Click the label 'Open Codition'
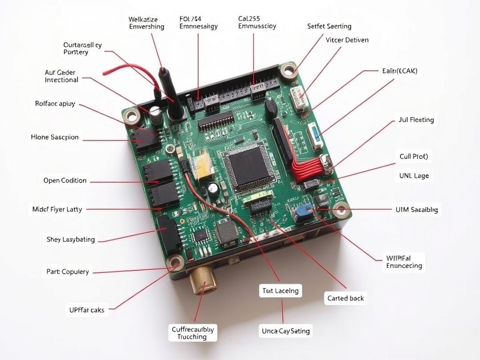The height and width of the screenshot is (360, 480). pos(65,180)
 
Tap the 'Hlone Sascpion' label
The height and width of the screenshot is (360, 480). pos(54,137)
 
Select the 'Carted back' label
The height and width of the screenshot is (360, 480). pos(345,298)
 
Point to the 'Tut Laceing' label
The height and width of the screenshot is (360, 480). pos(280,291)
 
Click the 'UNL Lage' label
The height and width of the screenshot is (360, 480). pos(414,176)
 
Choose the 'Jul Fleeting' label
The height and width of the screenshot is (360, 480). pos(416,120)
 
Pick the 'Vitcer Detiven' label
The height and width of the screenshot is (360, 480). pos(347,40)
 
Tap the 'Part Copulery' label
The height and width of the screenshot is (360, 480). pos(67,272)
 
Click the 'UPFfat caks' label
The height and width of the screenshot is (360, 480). pos(87,309)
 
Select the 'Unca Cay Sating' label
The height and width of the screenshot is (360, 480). pos(285,331)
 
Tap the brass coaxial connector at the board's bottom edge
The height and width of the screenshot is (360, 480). pos(203,279)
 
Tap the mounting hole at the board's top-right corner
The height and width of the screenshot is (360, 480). pos(288,70)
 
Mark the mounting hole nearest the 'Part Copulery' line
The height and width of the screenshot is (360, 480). pos(176,262)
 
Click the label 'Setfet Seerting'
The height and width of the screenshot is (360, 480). pos(329,26)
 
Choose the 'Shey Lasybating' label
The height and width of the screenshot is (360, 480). pos(70,240)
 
